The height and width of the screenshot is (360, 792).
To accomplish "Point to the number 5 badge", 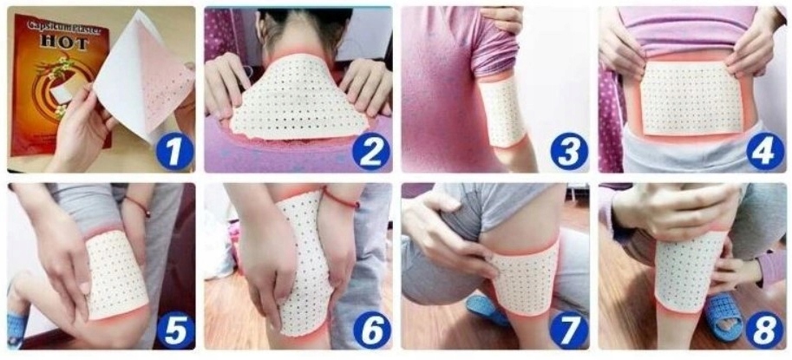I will pos(173,331).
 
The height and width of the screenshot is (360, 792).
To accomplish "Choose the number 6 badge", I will pos(371,331).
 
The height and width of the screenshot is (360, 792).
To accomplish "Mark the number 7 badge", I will pos(568,331).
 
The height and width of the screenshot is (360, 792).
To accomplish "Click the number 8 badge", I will pos(764,331).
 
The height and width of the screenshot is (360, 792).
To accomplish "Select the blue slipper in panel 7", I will pos(486,306).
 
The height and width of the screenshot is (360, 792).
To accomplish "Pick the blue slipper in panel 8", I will pos(719,315).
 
